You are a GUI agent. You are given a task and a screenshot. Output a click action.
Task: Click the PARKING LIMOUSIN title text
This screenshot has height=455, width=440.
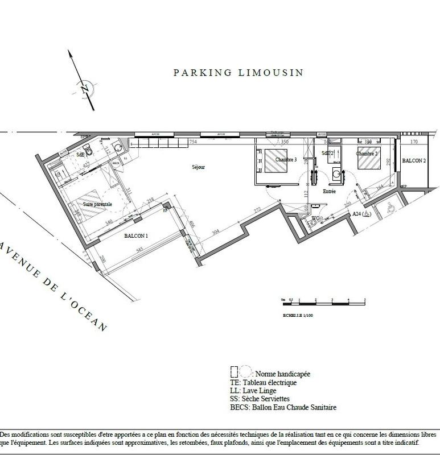[238, 73]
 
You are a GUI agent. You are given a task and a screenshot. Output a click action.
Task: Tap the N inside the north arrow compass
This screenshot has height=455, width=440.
[83, 89]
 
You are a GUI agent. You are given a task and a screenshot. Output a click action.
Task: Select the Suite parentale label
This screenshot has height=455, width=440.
[97, 204]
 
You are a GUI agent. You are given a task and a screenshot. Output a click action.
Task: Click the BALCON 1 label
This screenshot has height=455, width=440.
[135, 235]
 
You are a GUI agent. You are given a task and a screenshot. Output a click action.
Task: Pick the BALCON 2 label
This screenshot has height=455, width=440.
[414, 161]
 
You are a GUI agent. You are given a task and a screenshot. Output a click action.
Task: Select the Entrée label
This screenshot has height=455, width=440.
[329, 192]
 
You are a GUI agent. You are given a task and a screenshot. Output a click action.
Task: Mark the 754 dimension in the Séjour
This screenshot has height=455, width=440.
[192, 142]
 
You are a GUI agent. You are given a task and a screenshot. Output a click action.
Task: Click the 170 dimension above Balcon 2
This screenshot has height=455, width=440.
[413, 142]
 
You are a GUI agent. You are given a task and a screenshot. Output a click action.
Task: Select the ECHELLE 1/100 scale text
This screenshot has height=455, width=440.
[298, 314]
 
